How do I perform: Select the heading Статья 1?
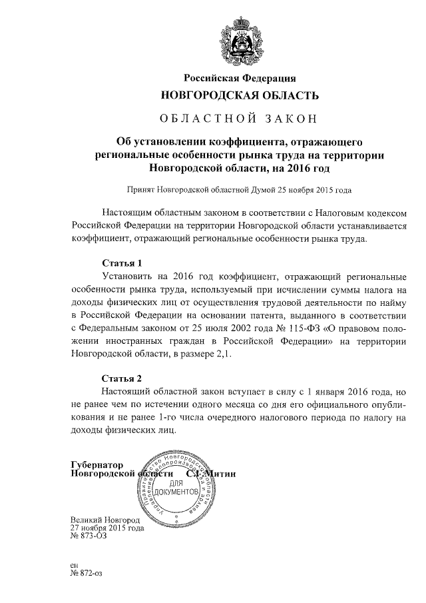pyautogui.click(x=122, y=263)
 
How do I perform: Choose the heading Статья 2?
pyautogui.click(x=122, y=377)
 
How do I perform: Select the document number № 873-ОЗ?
pyautogui.click(x=88, y=536)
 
